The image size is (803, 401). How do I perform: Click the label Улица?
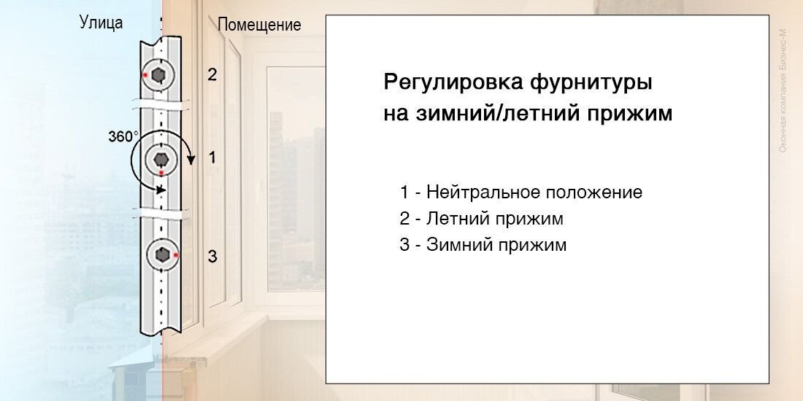[x=101, y=23]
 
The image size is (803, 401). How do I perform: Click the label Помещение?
[x=260, y=25]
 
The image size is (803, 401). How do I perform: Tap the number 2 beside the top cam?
[x=212, y=74]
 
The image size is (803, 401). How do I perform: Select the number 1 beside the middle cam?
[x=212, y=158]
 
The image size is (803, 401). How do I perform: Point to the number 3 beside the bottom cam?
[x=212, y=256]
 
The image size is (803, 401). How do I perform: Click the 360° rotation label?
[x=123, y=136]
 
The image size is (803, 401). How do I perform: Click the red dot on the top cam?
[x=146, y=75]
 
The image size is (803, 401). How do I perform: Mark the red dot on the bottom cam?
[x=176, y=254]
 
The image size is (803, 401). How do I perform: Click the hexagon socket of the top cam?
[x=159, y=75]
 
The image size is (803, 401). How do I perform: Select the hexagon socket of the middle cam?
[x=161, y=160]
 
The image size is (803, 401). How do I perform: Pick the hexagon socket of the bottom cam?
[x=162, y=254]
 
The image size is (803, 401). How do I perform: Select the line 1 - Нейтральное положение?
[x=520, y=192]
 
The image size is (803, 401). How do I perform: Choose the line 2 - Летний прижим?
[x=481, y=219]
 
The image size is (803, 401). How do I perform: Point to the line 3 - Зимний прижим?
[x=483, y=245]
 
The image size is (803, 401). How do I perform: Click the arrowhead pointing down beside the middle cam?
[x=191, y=160]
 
